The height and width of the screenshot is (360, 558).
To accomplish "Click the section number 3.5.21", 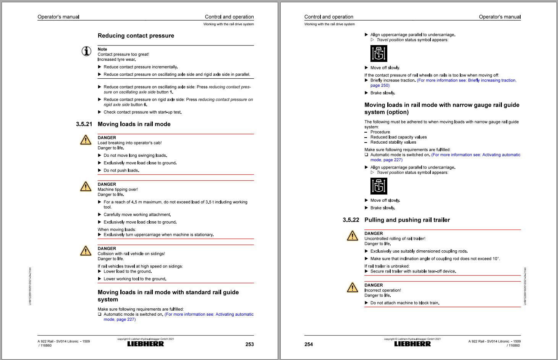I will pyautogui.click(x=84, y=124).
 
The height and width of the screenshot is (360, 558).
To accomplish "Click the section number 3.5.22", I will pyautogui.click(x=351, y=220).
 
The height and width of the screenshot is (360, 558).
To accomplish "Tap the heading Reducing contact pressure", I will pyautogui.click(x=136, y=36).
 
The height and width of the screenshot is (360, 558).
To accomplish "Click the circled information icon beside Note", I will pyautogui.click(x=87, y=51).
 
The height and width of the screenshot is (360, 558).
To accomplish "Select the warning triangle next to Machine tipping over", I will pyautogui.click(x=86, y=186).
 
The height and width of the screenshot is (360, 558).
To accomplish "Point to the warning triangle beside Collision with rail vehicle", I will pyautogui.click(x=86, y=251).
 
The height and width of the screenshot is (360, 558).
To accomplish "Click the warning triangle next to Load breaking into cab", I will pyautogui.click(x=86, y=140).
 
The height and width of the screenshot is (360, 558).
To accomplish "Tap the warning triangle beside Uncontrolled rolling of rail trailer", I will pyautogui.click(x=352, y=236).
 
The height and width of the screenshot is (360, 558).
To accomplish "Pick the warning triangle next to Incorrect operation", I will pyautogui.click(x=352, y=287).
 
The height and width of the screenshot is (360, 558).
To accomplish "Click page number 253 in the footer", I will pyautogui.click(x=249, y=344).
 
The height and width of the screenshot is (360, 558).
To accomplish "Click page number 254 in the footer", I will pyautogui.click(x=309, y=344).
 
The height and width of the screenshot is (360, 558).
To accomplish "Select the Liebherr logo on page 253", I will pyautogui.click(x=146, y=344).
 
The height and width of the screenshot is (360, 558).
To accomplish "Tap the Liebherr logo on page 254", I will pyautogui.click(x=412, y=344).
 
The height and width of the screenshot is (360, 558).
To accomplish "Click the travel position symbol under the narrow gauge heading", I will pyautogui.click(x=378, y=186).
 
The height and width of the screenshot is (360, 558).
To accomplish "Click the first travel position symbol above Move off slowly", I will pyautogui.click(x=378, y=54).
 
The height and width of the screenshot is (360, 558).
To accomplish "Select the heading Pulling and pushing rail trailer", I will pyautogui.click(x=407, y=220).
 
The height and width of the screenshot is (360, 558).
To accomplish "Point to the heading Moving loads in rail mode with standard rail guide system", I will pyautogui.click(x=168, y=296).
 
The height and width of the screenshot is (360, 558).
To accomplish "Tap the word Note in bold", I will pyautogui.click(x=102, y=49).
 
